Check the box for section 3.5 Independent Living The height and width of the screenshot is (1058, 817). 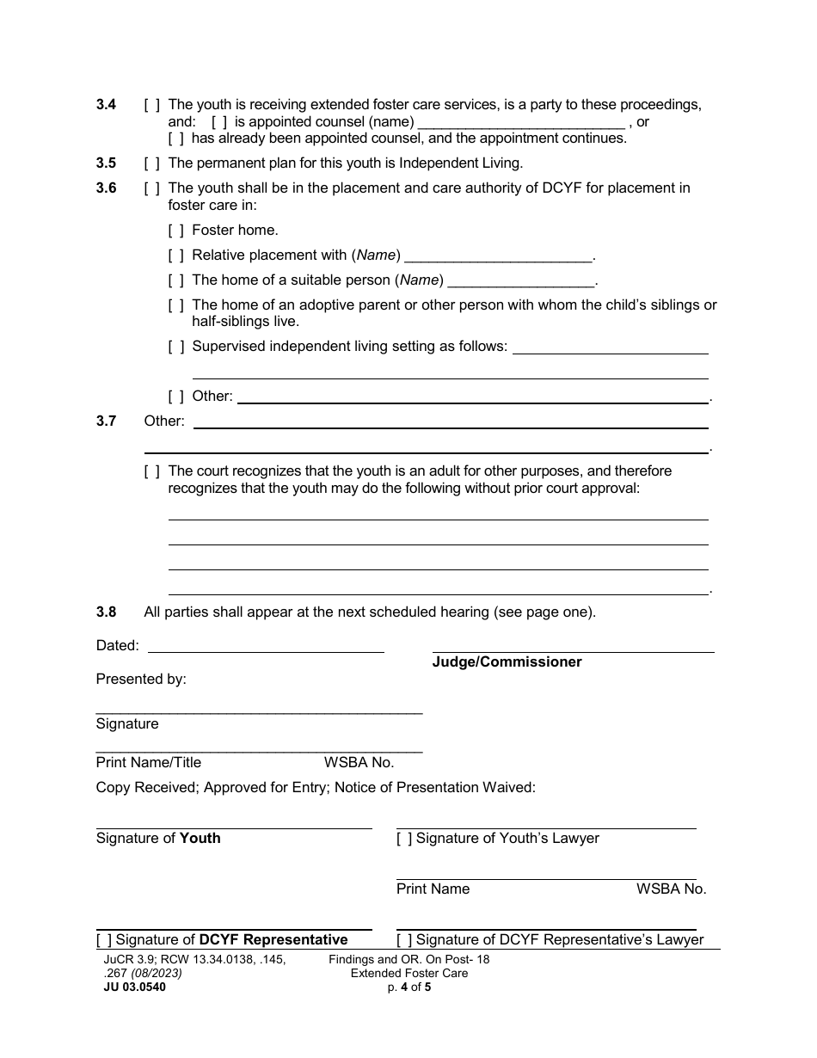151,163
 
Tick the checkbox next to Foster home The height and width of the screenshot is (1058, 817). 175,230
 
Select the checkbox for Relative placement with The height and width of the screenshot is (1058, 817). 175,255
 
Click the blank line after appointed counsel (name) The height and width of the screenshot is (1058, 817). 520,122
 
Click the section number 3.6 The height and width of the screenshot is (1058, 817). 106,188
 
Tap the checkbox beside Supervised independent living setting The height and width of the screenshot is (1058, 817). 175,346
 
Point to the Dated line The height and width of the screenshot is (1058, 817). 266,646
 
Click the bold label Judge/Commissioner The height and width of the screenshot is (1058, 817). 507,661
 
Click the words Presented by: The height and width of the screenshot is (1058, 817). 141,679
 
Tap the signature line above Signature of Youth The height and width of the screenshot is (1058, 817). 233,827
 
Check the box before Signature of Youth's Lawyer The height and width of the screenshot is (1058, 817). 404,838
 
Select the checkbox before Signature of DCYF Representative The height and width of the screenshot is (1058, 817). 104,939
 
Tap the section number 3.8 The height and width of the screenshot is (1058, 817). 106,612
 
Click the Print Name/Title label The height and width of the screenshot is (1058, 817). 148,762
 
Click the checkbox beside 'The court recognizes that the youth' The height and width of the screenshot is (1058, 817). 151,471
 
